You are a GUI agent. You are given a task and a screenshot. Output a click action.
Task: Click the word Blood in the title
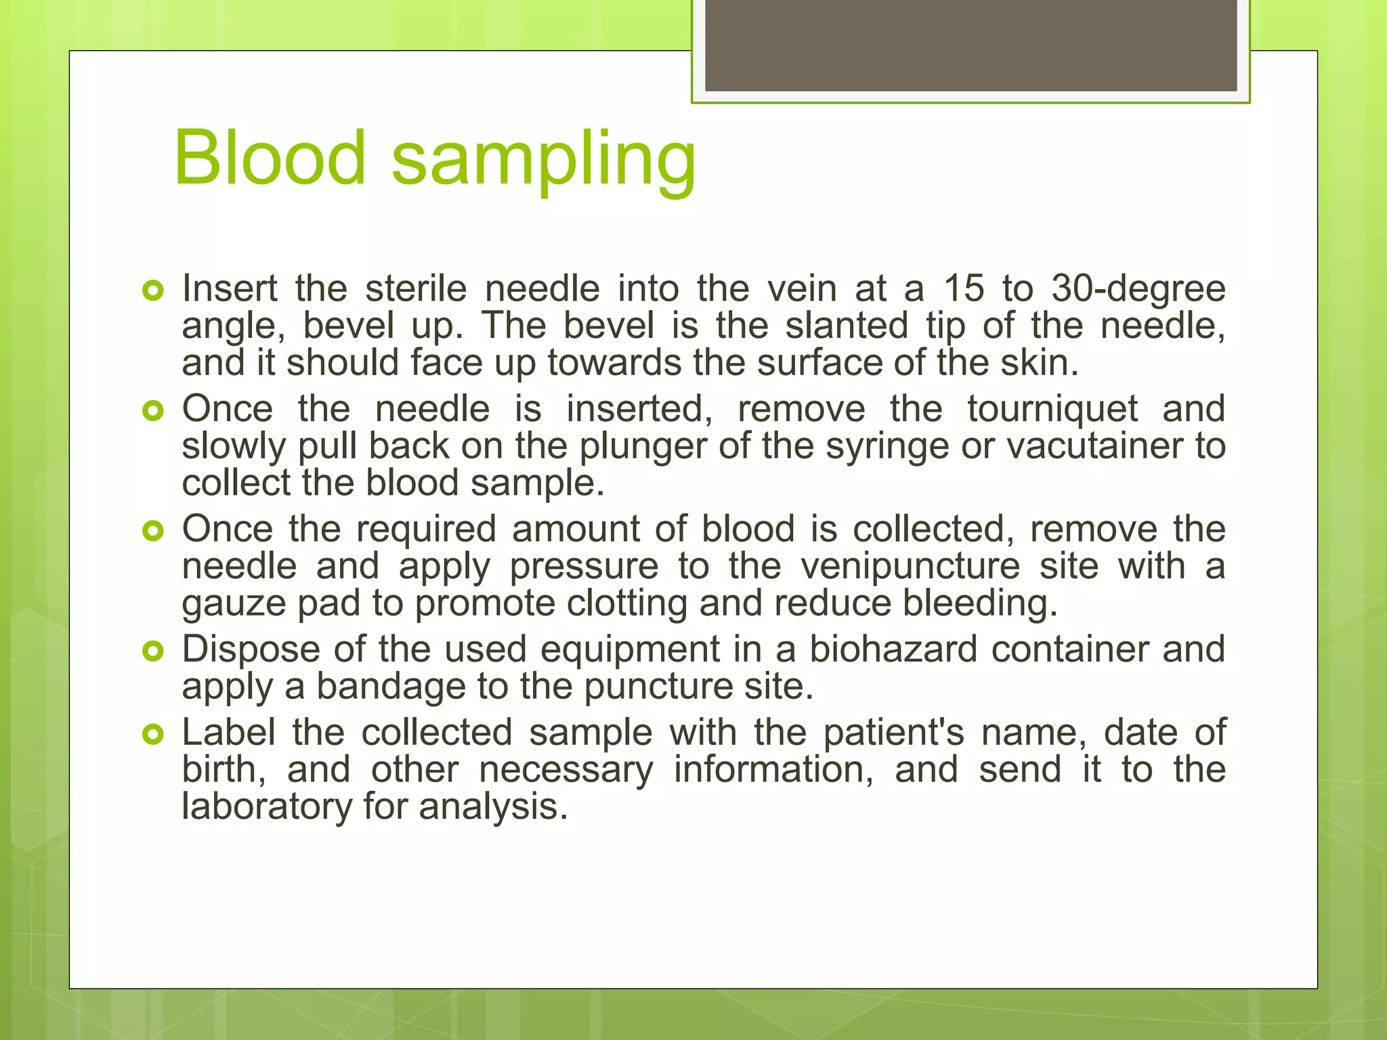(x=270, y=158)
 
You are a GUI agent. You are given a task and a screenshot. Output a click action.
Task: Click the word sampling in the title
(x=544, y=161)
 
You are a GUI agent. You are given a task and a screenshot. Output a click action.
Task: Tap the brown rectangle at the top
(x=970, y=45)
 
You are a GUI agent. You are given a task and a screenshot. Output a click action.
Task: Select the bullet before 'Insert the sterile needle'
(x=154, y=291)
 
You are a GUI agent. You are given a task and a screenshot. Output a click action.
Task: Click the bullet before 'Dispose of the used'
(x=154, y=651)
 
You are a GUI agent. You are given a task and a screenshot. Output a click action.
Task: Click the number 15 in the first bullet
(x=964, y=288)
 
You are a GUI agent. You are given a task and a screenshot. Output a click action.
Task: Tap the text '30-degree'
(x=1138, y=290)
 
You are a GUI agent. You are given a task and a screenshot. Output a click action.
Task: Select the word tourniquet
(x=1052, y=410)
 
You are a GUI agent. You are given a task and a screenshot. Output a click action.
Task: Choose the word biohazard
(x=893, y=649)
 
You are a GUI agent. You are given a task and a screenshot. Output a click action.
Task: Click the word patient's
(x=893, y=733)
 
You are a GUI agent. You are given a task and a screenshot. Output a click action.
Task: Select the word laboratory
(x=267, y=808)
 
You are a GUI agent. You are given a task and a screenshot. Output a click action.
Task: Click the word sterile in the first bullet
(x=416, y=289)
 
